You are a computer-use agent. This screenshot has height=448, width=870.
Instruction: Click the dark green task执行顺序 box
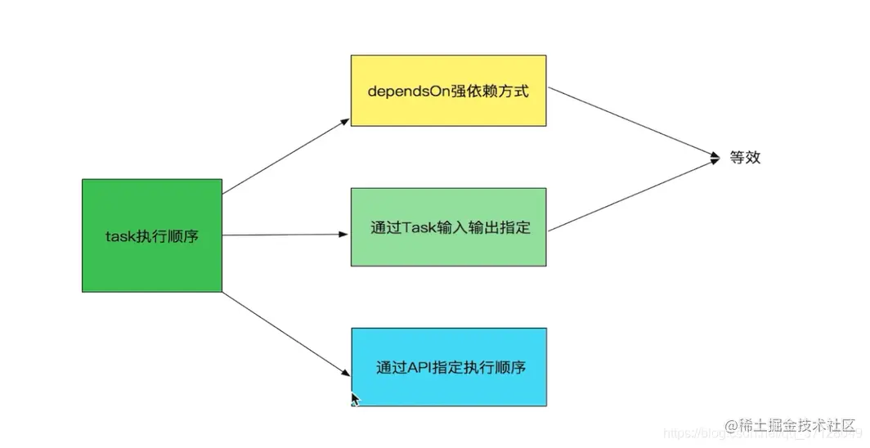tap(152, 235)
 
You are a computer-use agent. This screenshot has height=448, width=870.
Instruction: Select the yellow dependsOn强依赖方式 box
tap(448, 91)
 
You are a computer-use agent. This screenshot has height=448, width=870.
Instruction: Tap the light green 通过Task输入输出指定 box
tap(448, 227)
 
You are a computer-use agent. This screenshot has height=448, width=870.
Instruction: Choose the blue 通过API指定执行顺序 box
tap(449, 367)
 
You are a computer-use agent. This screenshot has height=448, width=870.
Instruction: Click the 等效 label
tap(745, 158)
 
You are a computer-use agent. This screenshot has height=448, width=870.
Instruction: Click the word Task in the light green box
tap(416, 227)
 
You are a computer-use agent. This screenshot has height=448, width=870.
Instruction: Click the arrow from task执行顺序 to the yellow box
tap(286, 157)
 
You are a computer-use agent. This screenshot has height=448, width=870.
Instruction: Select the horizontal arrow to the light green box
tap(286, 235)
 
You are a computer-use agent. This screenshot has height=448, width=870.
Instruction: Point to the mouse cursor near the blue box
tap(354, 399)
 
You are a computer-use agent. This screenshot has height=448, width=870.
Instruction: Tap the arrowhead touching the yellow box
tap(346, 122)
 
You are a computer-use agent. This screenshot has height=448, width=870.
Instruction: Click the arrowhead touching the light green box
tap(345, 235)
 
